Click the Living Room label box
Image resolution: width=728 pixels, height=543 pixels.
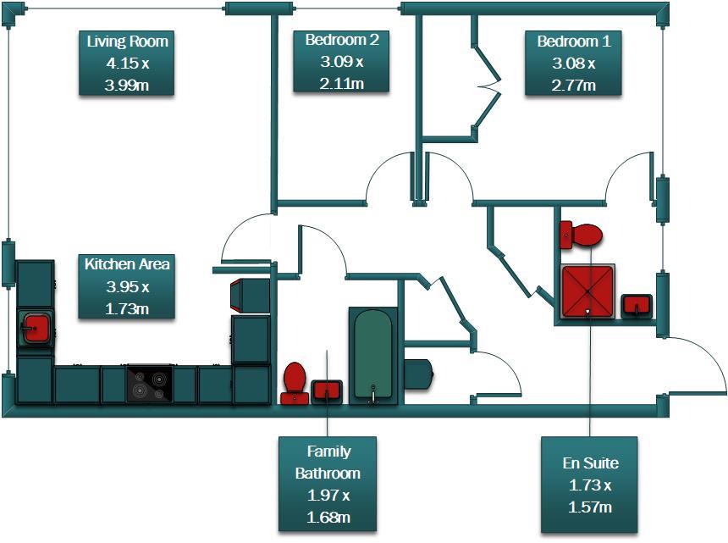click(x=127, y=63)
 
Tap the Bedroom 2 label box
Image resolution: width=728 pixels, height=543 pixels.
click(x=342, y=61)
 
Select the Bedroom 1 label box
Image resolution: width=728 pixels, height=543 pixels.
click(x=574, y=63)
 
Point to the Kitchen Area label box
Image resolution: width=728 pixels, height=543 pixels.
click(x=127, y=286)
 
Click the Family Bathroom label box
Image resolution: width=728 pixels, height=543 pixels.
click(x=328, y=484)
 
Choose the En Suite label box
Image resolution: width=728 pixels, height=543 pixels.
click(x=589, y=485)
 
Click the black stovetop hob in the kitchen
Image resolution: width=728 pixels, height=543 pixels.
click(x=149, y=384)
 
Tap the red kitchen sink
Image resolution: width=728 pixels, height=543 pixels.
click(x=36, y=328)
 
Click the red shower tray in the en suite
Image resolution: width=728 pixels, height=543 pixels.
click(x=587, y=289)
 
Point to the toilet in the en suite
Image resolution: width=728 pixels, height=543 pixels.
click(x=581, y=234)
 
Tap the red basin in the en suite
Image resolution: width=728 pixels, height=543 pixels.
click(x=637, y=304)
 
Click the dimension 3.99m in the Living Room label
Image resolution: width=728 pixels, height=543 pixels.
click(x=127, y=86)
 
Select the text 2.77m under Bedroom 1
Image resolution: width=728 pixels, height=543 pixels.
click(x=574, y=86)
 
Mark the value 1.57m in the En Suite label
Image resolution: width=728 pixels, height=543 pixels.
click(x=589, y=507)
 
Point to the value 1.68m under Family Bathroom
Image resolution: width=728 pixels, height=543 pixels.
click(x=328, y=518)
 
